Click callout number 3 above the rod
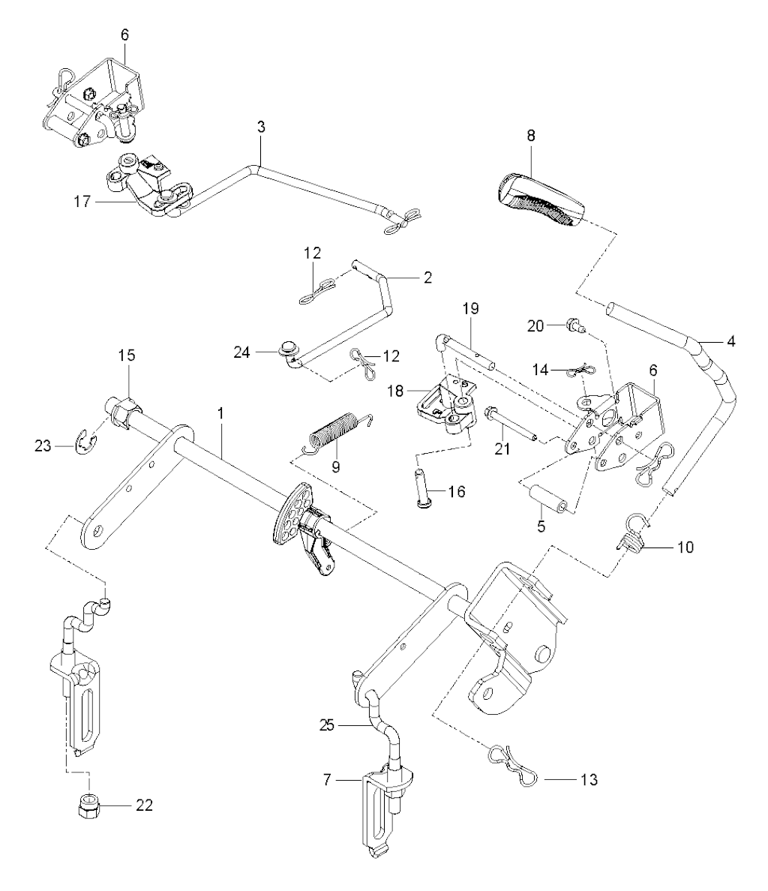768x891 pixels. point(260,127)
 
